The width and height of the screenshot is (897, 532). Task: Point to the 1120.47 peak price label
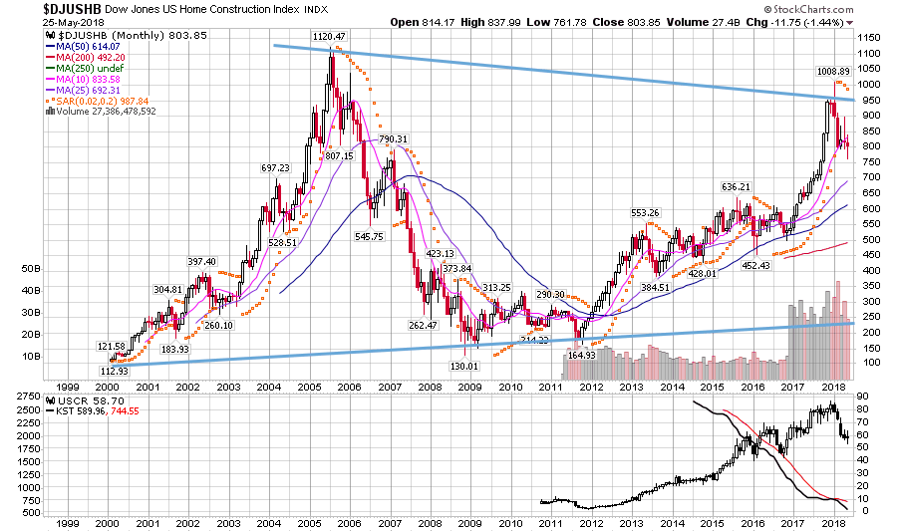329,37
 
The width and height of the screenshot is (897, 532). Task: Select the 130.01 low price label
464,366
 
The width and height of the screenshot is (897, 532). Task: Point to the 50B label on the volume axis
30,269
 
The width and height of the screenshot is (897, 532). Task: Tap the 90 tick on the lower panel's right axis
863,398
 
